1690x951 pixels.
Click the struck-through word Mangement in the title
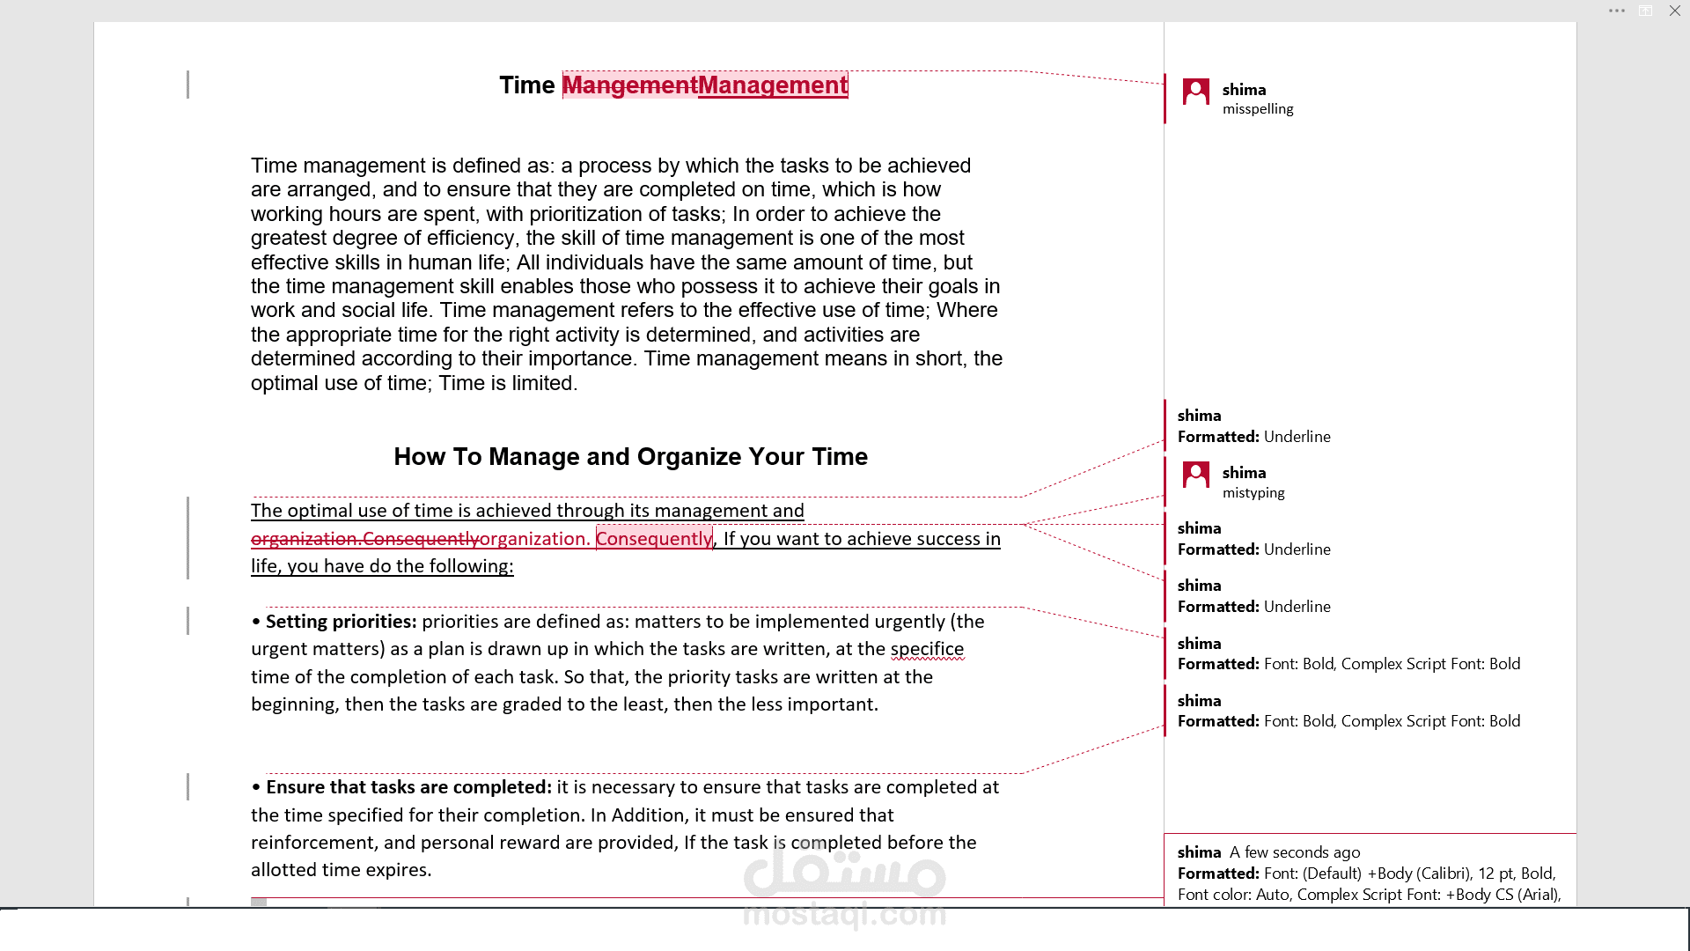click(x=629, y=85)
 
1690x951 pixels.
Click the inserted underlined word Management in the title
click(x=772, y=85)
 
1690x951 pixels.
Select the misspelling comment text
click(x=1258, y=109)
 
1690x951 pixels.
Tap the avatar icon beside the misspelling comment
click(x=1195, y=92)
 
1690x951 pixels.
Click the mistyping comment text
click(x=1253, y=493)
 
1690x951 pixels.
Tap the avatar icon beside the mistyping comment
click(x=1195, y=475)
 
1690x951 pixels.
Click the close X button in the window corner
click(x=1674, y=11)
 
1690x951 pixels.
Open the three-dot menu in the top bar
click(x=1616, y=11)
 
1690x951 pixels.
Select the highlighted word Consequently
click(x=654, y=539)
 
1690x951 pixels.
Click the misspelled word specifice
click(x=927, y=649)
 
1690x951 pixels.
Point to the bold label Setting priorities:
click(x=341, y=622)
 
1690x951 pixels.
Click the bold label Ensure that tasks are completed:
click(x=408, y=787)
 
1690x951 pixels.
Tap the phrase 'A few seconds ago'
click(x=1295, y=852)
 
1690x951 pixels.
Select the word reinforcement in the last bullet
click(x=312, y=843)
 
